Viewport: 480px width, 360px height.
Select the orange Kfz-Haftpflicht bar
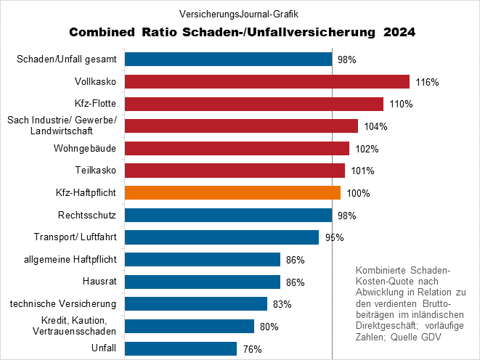pos(232,192)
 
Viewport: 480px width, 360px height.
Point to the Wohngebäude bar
pos(237,148)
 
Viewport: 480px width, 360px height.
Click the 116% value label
pos(427,82)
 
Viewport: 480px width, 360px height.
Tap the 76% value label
pos(252,349)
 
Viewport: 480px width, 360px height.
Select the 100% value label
pos(358,193)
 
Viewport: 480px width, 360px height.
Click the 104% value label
pos(375,126)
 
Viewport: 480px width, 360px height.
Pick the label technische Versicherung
pos(64,303)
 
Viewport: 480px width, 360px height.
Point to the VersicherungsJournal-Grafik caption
pos(239,13)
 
